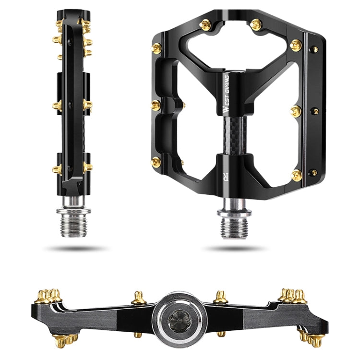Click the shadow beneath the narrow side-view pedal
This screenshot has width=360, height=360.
[75, 249]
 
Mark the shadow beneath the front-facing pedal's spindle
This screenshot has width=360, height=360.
[233, 249]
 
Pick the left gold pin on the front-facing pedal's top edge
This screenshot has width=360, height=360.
[205, 25]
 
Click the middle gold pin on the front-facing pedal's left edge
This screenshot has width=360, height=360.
[156, 105]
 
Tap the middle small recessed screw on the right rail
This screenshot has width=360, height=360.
[315, 111]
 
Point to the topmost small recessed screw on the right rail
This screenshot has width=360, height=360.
[315, 48]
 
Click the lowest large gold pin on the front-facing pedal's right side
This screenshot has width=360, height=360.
[297, 175]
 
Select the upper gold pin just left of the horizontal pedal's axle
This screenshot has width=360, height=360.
[138, 298]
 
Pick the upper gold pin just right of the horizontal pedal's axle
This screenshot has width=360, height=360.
[220, 297]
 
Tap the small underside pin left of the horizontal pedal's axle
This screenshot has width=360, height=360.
[138, 335]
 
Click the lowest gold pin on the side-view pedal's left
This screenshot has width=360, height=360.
[57, 169]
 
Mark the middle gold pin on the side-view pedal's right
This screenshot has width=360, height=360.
[88, 105]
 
